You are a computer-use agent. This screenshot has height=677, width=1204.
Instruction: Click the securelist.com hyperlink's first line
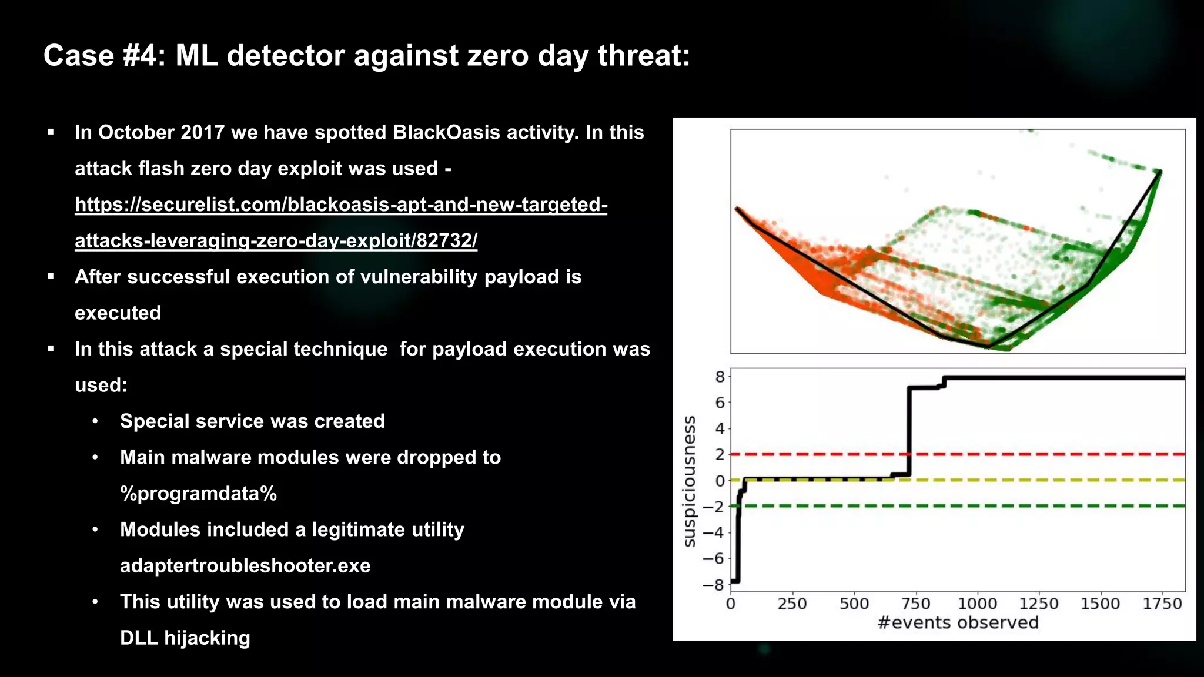tap(341, 205)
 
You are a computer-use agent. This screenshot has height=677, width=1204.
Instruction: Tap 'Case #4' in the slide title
tap(100, 56)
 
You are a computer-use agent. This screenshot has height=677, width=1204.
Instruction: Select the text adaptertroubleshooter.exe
tap(245, 566)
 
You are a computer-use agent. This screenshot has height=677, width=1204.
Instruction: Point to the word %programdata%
tap(198, 494)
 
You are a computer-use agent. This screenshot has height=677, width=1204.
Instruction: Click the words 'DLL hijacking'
tap(185, 638)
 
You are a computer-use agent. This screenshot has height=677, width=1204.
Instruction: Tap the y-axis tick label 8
tap(720, 377)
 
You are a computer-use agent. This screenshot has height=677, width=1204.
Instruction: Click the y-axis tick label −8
tap(713, 585)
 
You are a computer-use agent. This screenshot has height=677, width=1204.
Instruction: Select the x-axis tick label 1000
tap(977, 604)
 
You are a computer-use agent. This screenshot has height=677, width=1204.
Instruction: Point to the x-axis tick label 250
tap(792, 604)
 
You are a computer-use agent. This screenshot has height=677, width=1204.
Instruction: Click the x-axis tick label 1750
tap(1162, 604)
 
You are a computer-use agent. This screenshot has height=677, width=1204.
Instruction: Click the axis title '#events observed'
tap(958, 622)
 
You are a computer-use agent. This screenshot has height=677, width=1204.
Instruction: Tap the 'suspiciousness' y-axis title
tap(690, 481)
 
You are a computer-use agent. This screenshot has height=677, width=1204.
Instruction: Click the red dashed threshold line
tap(1058, 454)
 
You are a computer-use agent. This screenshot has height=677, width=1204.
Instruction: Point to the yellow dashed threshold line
tap(1058, 480)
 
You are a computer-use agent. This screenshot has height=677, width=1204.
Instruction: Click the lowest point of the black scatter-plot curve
tap(989, 347)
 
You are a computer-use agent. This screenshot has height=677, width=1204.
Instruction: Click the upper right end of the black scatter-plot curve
tap(1160, 172)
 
